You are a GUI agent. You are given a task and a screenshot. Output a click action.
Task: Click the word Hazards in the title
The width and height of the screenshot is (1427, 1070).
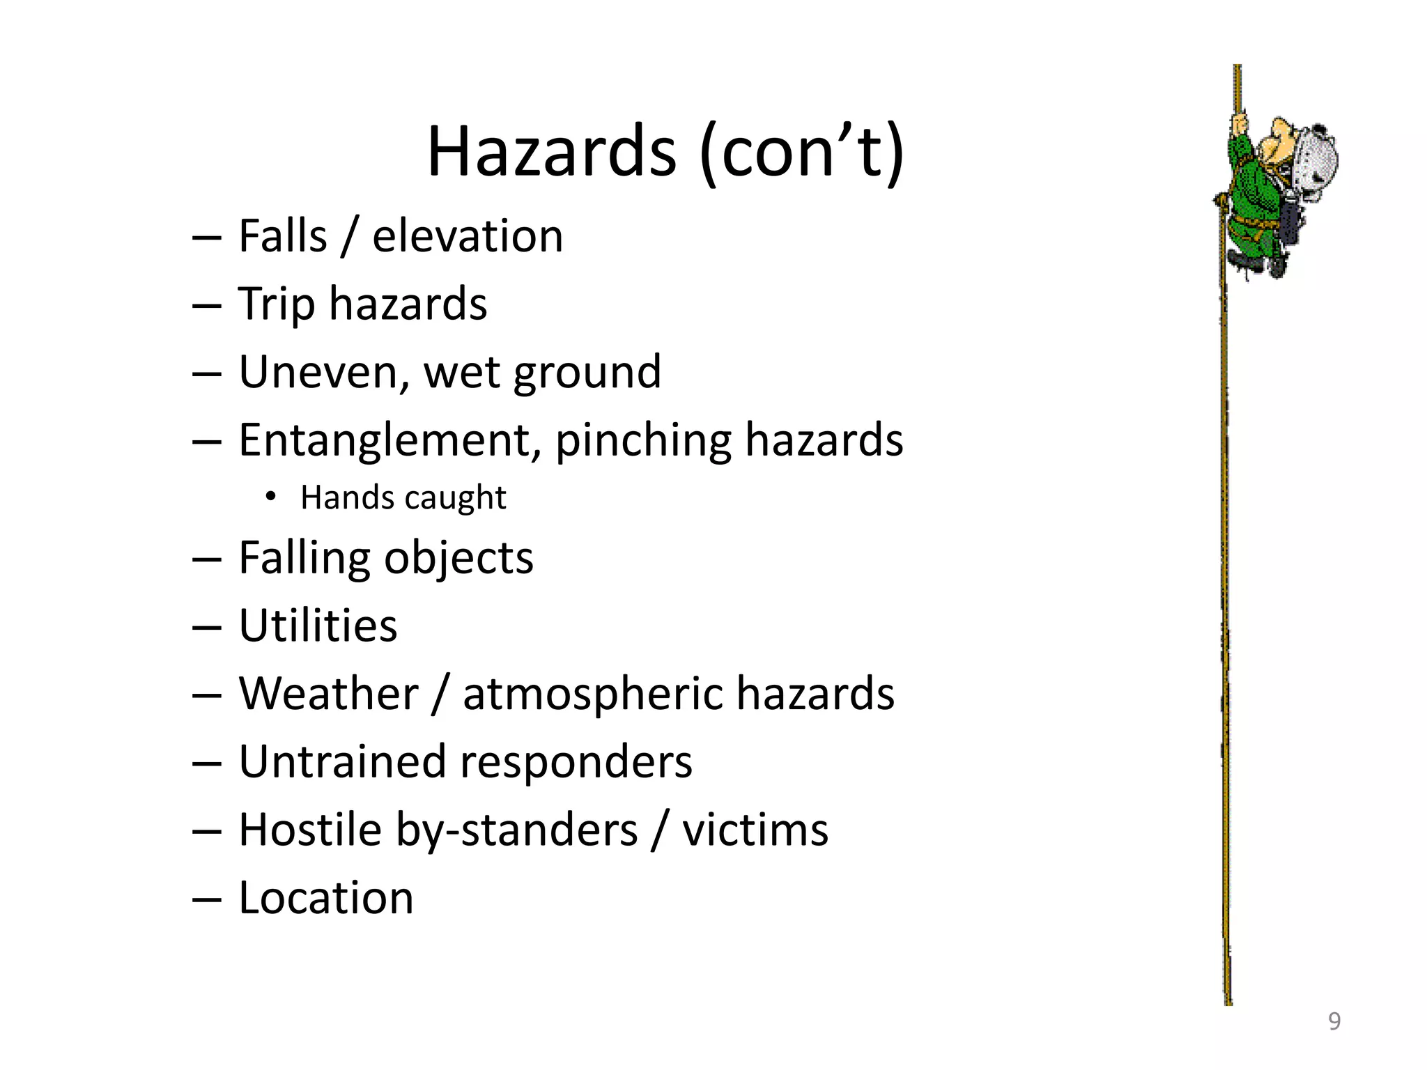point(551,152)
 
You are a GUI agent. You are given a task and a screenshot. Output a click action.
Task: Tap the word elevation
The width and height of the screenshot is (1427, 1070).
point(468,236)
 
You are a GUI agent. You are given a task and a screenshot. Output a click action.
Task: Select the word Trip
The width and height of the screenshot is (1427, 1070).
point(276,304)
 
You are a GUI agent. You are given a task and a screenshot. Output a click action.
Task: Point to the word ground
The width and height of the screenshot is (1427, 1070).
point(587,373)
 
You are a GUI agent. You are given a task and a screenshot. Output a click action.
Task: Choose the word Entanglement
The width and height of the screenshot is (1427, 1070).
point(389,440)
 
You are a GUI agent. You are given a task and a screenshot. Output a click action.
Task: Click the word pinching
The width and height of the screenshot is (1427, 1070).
point(642,441)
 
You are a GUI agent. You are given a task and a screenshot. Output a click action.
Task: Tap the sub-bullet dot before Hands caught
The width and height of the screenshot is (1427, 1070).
point(270,497)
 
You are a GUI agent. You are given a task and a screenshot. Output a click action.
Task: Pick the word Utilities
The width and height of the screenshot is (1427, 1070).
point(318,626)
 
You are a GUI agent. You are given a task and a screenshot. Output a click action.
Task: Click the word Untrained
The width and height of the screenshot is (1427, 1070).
point(341,761)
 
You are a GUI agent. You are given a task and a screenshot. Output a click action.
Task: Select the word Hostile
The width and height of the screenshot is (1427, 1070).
point(310,830)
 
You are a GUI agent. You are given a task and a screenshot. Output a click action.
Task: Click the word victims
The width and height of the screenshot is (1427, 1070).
point(755,830)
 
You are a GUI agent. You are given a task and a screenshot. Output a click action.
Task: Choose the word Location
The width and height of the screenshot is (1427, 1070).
point(326,897)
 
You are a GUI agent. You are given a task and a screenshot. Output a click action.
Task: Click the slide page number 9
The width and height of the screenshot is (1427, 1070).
point(1334,1021)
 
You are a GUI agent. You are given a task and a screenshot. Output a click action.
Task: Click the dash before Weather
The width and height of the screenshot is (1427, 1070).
point(206,695)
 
